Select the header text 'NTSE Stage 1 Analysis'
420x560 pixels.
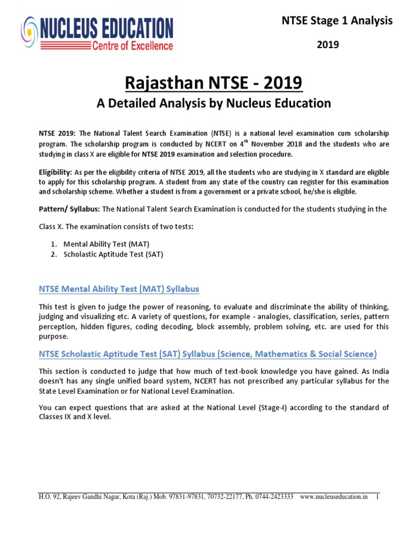[337, 21]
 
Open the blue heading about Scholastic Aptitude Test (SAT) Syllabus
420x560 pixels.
[208, 354]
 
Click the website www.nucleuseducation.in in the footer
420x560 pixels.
[334, 497]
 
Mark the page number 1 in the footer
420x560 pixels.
[377, 497]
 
